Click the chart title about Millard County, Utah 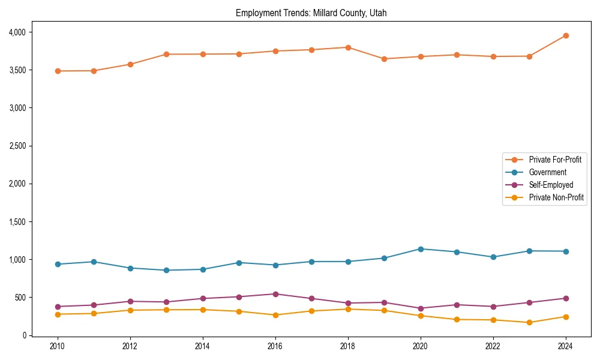coord(315,13)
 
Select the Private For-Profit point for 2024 coord(566,35)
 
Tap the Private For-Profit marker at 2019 coord(384,59)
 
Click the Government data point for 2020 coord(421,249)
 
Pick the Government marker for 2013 coord(166,270)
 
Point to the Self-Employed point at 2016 coord(275,294)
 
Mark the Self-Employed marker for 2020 coord(421,308)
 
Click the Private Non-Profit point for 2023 coord(529,322)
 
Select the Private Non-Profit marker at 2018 coord(348,309)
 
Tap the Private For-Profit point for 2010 coord(58,71)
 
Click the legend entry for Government coord(547,172)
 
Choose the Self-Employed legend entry coord(551,185)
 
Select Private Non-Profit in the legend coord(556,197)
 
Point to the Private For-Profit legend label coord(555,160)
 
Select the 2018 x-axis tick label coord(348,346)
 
